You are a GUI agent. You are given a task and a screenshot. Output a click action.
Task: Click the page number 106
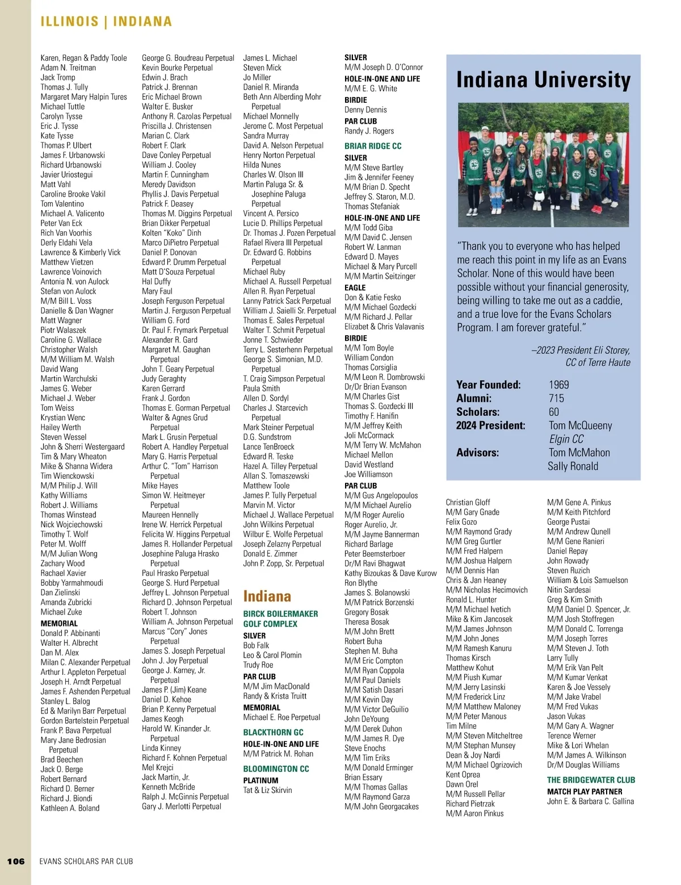click(x=16, y=861)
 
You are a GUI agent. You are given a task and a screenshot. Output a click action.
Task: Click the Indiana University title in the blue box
click(x=543, y=80)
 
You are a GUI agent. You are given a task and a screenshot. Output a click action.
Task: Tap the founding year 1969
click(x=558, y=385)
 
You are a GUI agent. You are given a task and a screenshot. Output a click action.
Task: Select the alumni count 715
click(x=556, y=398)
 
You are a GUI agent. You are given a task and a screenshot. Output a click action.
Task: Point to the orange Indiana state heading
click(x=267, y=596)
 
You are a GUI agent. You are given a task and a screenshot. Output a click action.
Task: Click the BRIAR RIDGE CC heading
click(x=373, y=146)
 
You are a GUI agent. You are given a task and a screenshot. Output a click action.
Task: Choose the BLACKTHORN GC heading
click(x=273, y=732)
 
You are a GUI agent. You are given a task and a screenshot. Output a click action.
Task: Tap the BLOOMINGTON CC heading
click(x=276, y=769)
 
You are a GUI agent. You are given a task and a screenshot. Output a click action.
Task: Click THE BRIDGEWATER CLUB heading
click(x=591, y=780)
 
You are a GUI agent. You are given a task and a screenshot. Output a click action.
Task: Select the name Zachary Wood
click(x=62, y=563)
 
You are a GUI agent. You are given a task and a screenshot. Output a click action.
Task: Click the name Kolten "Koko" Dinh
click(x=171, y=233)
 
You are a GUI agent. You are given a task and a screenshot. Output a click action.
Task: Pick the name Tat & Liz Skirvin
click(x=267, y=790)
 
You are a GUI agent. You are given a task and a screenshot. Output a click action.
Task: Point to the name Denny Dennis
click(x=365, y=110)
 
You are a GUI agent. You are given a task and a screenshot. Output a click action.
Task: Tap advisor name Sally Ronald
click(x=573, y=466)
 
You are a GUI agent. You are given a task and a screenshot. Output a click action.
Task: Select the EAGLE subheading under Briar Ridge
click(x=355, y=287)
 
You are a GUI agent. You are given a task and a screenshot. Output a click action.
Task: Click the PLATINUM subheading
click(x=260, y=780)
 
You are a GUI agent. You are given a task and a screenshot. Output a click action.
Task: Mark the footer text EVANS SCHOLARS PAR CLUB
click(x=86, y=861)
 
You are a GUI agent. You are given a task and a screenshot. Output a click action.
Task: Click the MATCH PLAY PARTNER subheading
click(x=585, y=791)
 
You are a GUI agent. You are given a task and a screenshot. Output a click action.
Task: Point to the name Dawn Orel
click(x=462, y=784)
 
